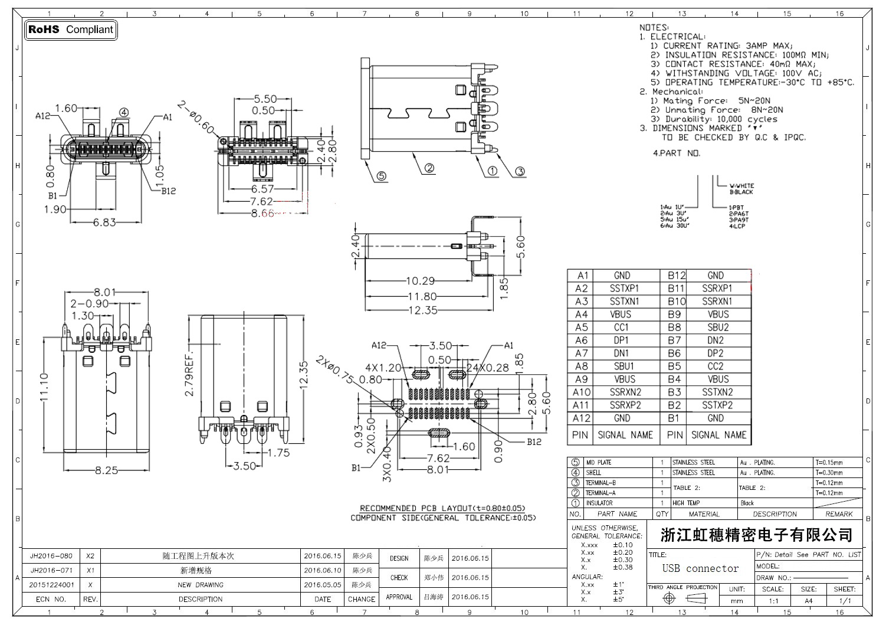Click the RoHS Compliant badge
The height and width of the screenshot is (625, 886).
click(x=71, y=30)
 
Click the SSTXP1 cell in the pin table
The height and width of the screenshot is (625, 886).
click(x=624, y=289)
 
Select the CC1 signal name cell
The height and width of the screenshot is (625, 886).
click(x=621, y=328)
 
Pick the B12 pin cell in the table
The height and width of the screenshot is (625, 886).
click(x=677, y=276)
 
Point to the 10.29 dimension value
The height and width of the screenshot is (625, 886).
click(x=420, y=282)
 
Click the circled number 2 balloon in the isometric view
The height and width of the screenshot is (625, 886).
click(x=429, y=168)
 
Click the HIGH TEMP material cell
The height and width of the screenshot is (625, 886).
click(x=686, y=503)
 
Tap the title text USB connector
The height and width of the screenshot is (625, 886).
click(x=700, y=569)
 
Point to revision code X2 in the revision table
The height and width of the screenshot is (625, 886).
click(x=90, y=556)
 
